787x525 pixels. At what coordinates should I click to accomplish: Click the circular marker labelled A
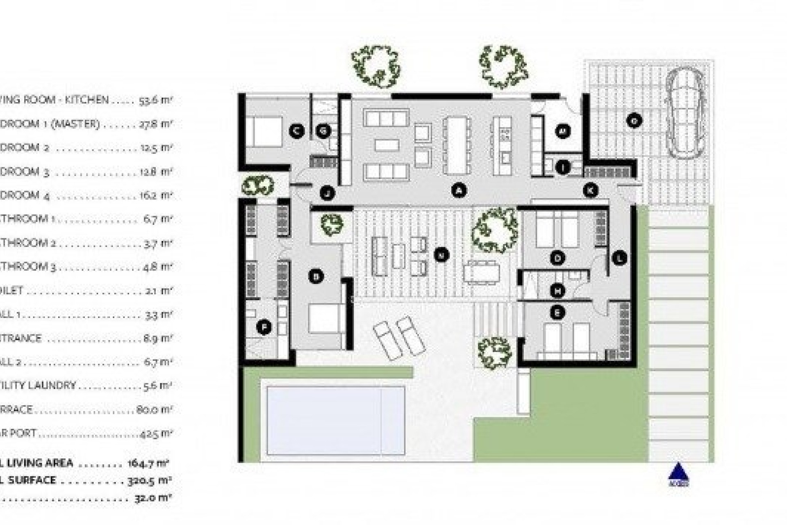(459, 190)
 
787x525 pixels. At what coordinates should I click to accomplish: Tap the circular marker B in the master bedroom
(316, 276)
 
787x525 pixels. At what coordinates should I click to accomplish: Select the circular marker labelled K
(591, 190)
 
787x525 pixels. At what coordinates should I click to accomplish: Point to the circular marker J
(327, 193)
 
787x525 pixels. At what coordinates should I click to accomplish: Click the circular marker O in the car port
(634, 121)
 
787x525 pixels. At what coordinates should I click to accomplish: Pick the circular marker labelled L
(619, 258)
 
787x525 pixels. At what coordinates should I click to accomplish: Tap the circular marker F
(264, 327)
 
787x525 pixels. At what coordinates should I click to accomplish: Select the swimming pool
(335, 421)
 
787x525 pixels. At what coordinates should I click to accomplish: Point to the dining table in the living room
(456, 145)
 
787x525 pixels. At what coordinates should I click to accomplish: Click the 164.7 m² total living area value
(148, 463)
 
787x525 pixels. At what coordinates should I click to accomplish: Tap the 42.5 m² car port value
(155, 433)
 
